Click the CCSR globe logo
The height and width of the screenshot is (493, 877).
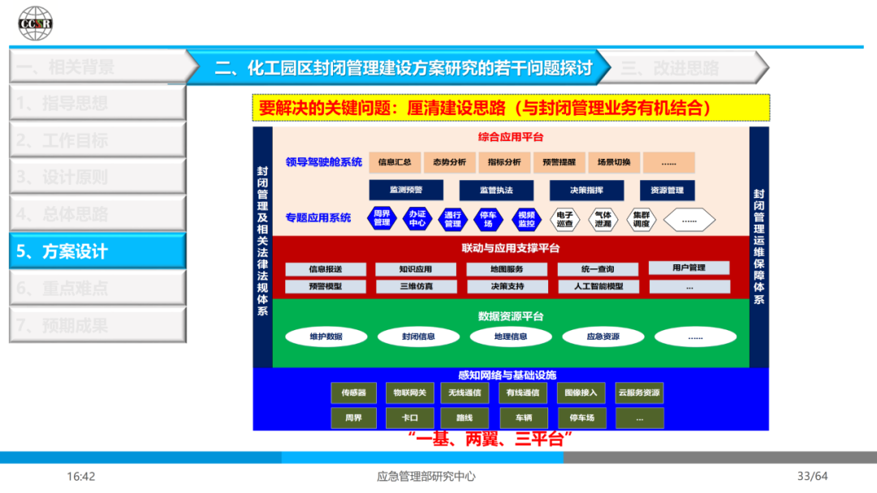click(36, 23)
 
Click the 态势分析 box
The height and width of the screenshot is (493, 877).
click(450, 162)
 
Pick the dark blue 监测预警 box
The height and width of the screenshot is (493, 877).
click(406, 190)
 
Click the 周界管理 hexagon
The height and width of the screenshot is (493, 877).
click(382, 219)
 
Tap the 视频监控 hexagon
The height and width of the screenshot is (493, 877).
click(527, 219)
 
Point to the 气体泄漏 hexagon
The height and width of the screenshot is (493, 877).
click(603, 219)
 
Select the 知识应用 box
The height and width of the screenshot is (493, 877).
click(416, 269)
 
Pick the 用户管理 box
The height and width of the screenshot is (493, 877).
click(689, 268)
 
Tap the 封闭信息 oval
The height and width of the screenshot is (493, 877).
click(418, 336)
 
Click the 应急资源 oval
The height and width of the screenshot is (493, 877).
click(603, 336)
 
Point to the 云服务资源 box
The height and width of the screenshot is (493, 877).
click(639, 393)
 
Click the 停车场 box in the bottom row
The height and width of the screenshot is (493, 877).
click(581, 418)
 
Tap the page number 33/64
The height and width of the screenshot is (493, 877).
click(812, 477)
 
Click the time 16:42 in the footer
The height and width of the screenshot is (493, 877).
click(81, 477)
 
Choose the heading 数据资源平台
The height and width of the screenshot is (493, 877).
click(511, 315)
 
